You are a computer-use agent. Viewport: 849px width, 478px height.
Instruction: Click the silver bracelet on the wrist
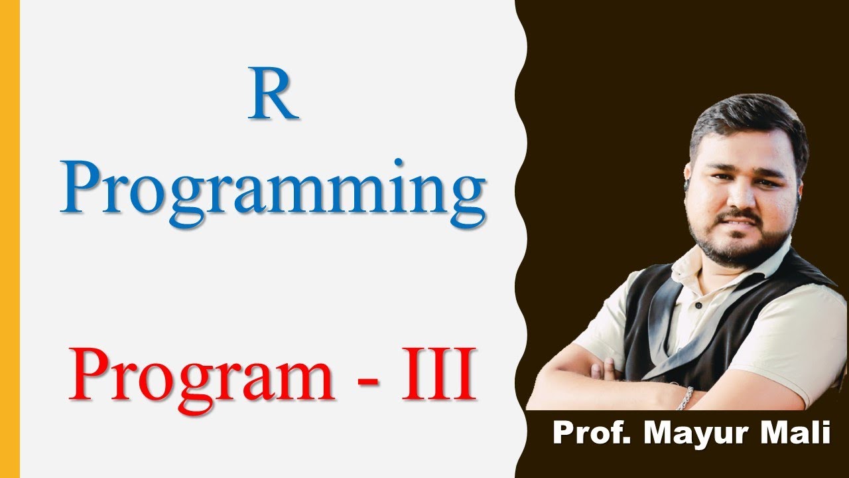tap(685, 398)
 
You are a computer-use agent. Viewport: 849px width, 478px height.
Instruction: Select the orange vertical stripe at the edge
tap(10, 239)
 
